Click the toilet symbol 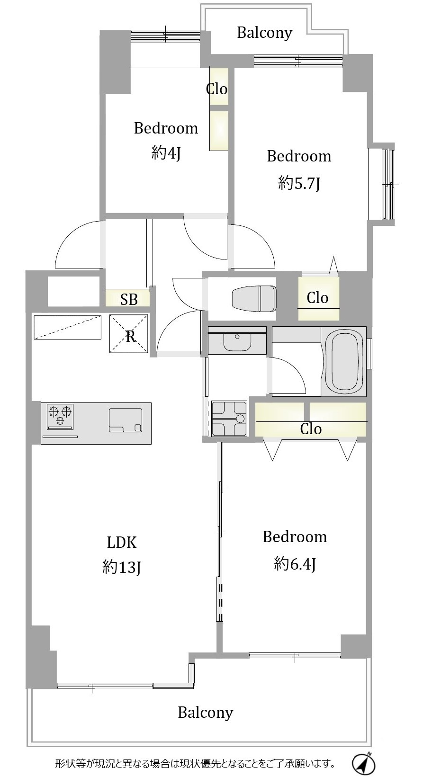click(254, 298)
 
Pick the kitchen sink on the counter click(126, 420)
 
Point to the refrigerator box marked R click(129, 334)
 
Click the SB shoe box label click(129, 299)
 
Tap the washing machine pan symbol click(229, 418)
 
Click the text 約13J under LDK click(121, 568)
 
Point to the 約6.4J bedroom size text click(295, 563)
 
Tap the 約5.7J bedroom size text click(299, 183)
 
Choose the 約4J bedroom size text click(166, 152)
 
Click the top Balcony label click(264, 33)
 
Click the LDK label click(121, 543)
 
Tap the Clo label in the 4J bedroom click(216, 89)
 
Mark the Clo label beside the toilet click(317, 298)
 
